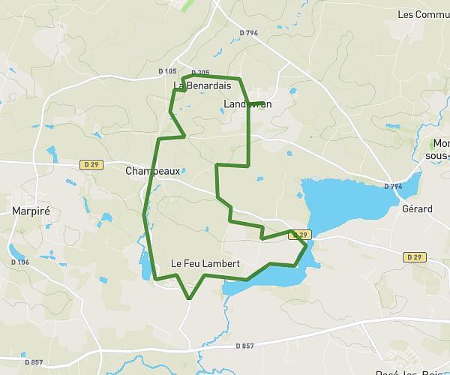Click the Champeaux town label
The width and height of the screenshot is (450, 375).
(152, 171)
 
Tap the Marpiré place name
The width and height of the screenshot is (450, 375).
(31, 211)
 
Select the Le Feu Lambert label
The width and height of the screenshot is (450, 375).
(205, 263)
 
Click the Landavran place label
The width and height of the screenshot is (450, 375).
(247, 104)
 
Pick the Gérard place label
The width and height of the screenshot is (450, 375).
(417, 208)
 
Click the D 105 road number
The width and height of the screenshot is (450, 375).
(167, 71)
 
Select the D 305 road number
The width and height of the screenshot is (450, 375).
(200, 73)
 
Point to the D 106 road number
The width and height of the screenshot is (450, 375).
(20, 262)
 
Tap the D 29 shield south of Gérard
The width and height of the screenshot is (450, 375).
(413, 256)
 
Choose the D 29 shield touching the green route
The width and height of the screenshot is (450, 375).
(299, 235)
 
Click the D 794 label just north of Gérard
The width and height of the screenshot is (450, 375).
(394, 186)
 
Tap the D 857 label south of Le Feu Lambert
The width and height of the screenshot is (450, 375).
(244, 346)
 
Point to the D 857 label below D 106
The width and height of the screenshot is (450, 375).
(33, 363)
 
